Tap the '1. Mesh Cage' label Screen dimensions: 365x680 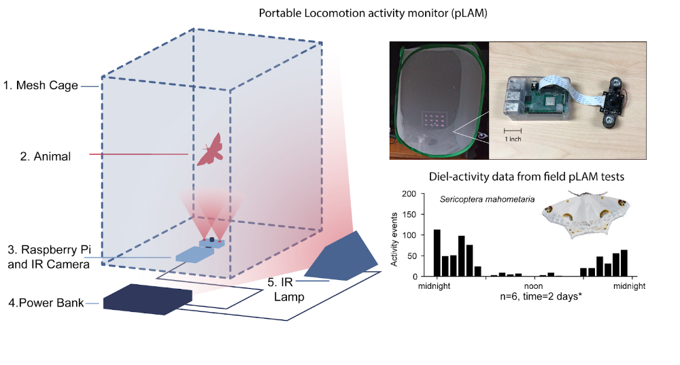pyautogui.click(x=41, y=86)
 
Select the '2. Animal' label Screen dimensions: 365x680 pyautogui.click(x=45, y=156)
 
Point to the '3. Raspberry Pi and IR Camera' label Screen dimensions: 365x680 pyautogui.click(x=49, y=258)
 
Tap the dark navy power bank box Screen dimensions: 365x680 pyautogui.click(x=148, y=299)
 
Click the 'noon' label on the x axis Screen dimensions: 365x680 pyautogui.click(x=532, y=286)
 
